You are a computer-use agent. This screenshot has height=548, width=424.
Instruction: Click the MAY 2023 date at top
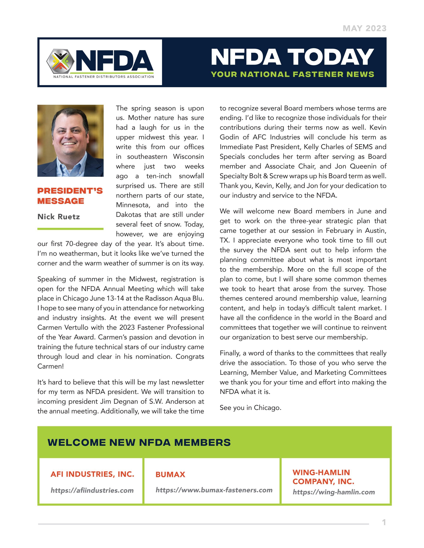(364, 28)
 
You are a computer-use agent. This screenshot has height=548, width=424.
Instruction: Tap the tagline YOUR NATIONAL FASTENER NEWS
(292, 74)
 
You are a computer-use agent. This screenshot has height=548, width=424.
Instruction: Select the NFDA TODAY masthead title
(292, 57)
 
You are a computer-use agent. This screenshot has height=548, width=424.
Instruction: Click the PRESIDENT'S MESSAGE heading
(70, 196)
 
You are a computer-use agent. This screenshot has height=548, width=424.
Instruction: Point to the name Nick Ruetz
(59, 217)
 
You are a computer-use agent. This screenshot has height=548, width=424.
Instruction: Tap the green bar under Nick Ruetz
(70, 229)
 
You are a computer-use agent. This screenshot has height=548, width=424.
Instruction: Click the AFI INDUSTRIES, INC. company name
(92, 474)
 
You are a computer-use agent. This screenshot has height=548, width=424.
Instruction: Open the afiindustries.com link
(92, 490)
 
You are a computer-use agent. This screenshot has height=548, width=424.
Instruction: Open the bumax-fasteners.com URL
(214, 490)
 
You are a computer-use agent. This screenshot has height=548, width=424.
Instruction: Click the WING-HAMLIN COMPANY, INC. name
(323, 477)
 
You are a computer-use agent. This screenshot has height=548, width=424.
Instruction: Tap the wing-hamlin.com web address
(334, 492)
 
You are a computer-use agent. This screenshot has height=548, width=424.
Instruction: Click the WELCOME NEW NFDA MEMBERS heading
(139, 442)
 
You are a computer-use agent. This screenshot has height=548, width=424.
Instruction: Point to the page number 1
(383, 522)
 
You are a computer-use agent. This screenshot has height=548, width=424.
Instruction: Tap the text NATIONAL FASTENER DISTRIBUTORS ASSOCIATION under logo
(103, 77)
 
